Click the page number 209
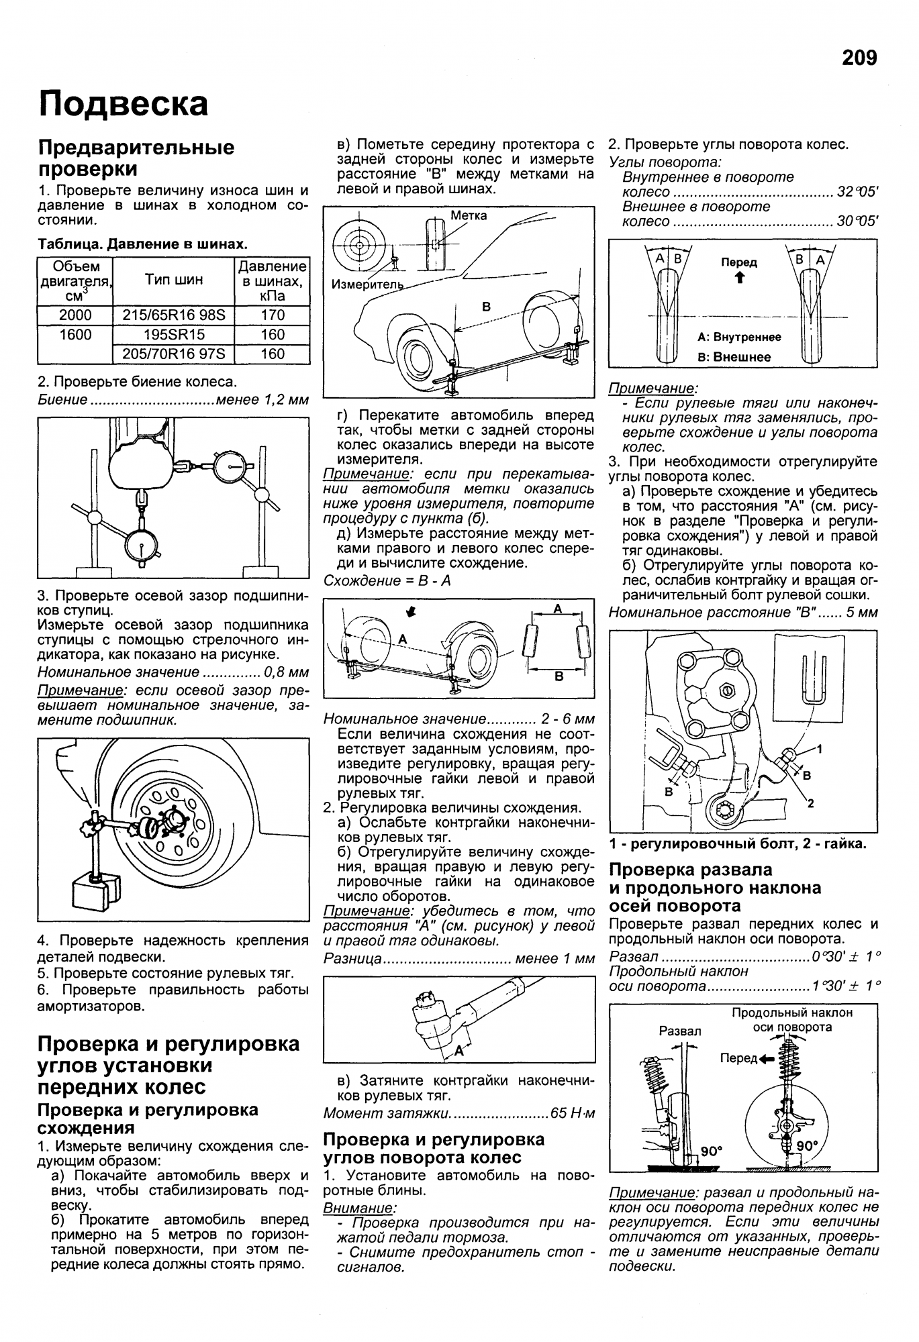(x=859, y=58)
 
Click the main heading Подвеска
(x=124, y=104)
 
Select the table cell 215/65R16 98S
(x=174, y=315)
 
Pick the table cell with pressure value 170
(x=273, y=315)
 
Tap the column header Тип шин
(x=174, y=280)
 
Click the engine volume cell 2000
(x=75, y=315)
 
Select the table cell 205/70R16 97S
(x=174, y=354)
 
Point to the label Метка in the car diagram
(x=469, y=215)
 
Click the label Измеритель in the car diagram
(x=367, y=285)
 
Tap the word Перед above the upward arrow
(x=739, y=262)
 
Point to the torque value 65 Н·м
(x=572, y=1113)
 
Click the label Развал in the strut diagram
(x=679, y=1031)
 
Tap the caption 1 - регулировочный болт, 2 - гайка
(x=738, y=843)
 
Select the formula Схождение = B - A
(x=387, y=580)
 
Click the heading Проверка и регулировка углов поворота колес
(x=434, y=1148)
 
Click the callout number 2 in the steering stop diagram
(x=810, y=803)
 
